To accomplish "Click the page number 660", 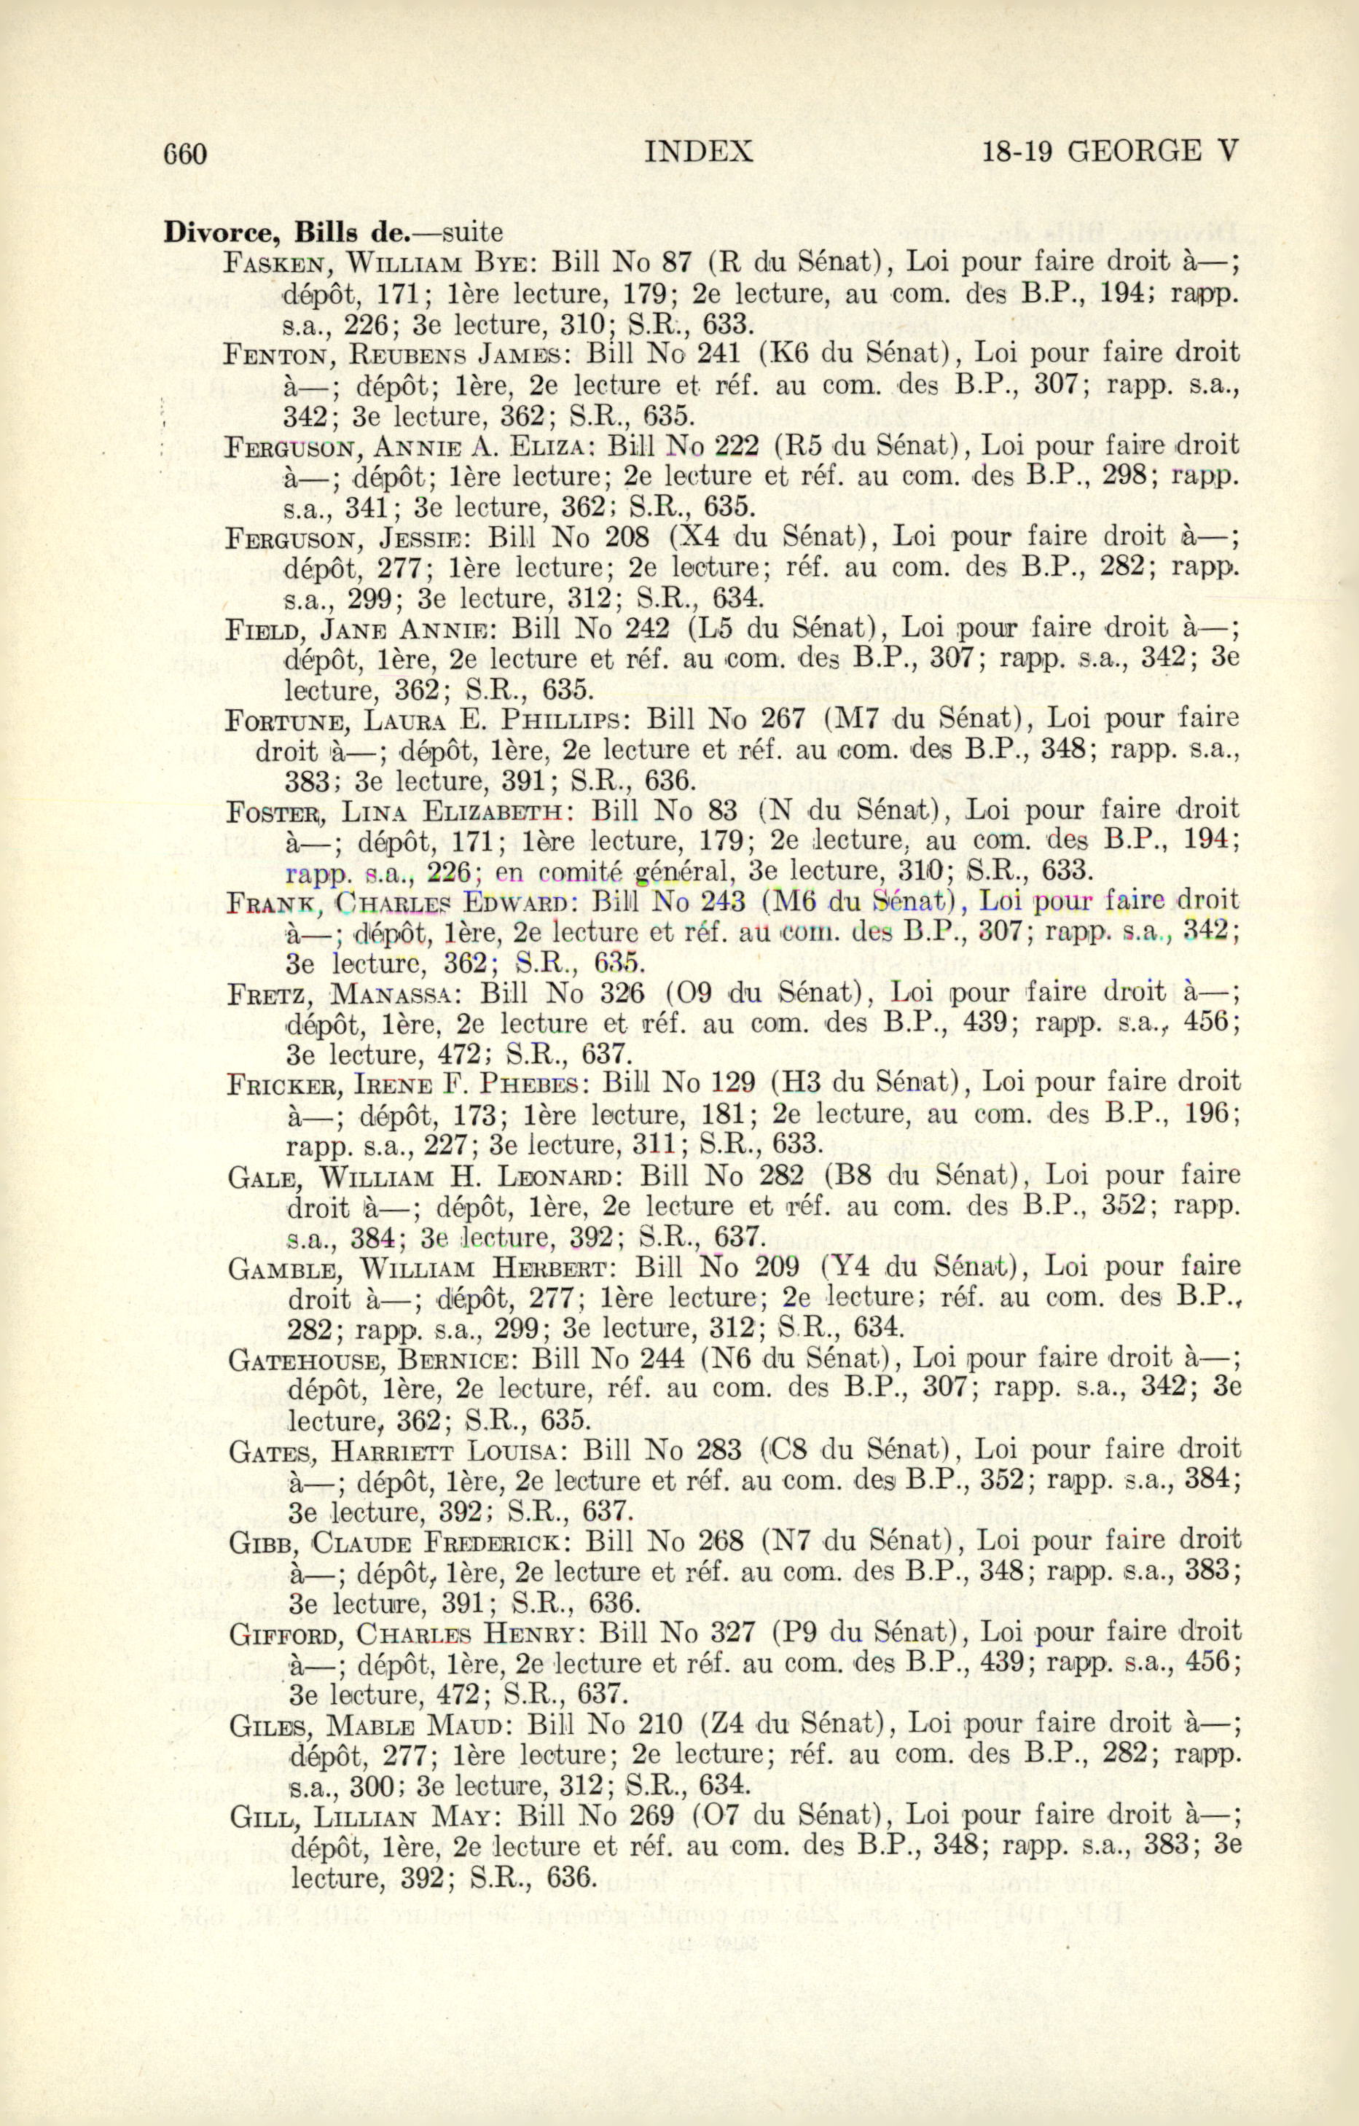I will (184, 154).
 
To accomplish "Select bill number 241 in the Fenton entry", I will (718, 353).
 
